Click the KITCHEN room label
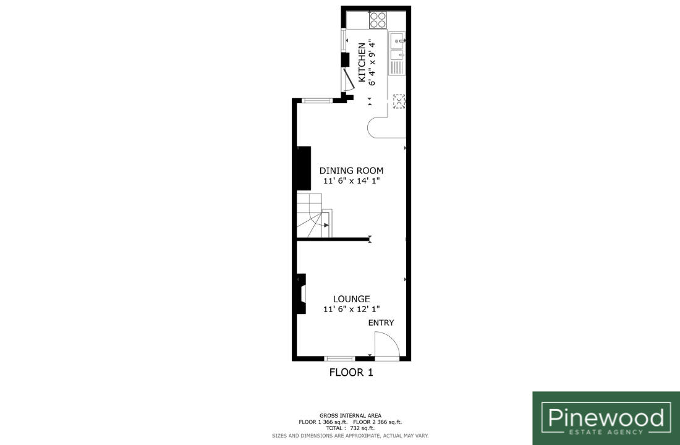(x=361, y=62)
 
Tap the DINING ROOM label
(x=351, y=171)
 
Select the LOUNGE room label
(x=351, y=299)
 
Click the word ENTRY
(x=381, y=323)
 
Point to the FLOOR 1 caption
(x=351, y=372)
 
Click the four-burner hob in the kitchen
(x=378, y=20)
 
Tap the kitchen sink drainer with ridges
(x=397, y=67)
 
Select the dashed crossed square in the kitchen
(x=399, y=101)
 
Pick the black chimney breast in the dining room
(x=304, y=168)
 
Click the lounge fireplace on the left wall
(x=301, y=293)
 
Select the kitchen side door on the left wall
(x=347, y=79)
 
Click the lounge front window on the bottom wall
(x=339, y=358)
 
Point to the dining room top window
(x=317, y=101)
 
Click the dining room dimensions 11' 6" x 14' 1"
(x=351, y=181)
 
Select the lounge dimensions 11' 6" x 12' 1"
(x=351, y=309)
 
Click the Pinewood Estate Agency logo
(x=606, y=418)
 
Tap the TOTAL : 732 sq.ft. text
(x=351, y=428)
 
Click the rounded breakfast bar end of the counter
(x=376, y=128)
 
